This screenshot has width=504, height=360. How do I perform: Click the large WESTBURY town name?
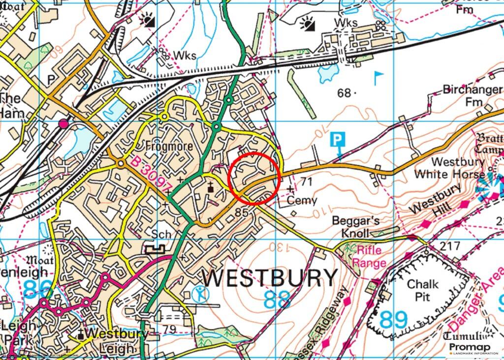(x=270, y=278)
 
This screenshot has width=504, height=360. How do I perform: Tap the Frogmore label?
(x=165, y=146)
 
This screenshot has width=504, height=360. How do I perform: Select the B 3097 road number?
(x=152, y=174)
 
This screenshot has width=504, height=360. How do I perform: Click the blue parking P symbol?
(x=337, y=140)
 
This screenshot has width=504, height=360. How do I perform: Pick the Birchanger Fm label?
(x=472, y=95)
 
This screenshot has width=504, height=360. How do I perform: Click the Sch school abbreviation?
(x=161, y=235)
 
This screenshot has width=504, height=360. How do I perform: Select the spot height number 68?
(x=344, y=92)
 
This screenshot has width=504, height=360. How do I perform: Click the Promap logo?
(x=475, y=349)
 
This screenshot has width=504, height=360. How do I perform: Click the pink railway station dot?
(x=63, y=123)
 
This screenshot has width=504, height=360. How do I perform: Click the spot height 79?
(x=170, y=329)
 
